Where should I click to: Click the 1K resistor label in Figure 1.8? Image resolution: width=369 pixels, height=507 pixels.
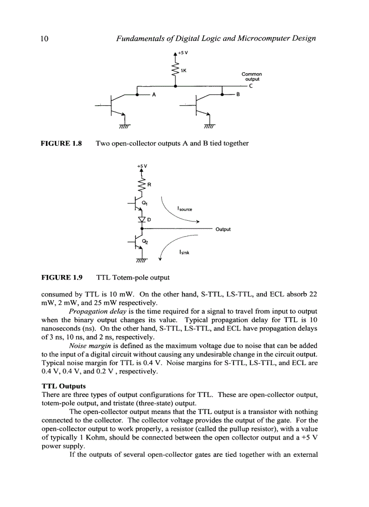click(x=184, y=70)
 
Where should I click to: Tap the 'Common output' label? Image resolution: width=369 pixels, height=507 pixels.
click(x=251, y=77)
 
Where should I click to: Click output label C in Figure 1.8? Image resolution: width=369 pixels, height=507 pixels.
click(x=250, y=86)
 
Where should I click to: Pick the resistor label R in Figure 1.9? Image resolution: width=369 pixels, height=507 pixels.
click(x=149, y=185)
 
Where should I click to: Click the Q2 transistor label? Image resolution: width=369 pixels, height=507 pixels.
click(x=145, y=242)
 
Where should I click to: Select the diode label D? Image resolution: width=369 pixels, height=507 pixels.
click(x=148, y=219)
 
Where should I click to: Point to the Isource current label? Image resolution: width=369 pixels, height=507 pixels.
click(x=185, y=209)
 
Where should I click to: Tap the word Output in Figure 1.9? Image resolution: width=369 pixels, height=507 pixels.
click(x=223, y=229)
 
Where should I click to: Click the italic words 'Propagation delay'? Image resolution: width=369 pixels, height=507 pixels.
click(x=92, y=312)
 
